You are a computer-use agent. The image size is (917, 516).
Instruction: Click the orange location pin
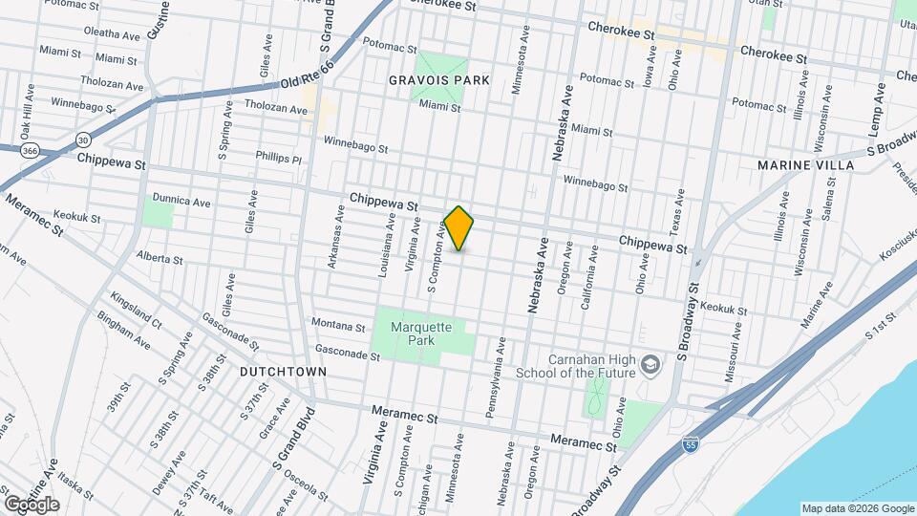459,228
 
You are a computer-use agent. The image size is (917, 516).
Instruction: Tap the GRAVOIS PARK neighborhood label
438,80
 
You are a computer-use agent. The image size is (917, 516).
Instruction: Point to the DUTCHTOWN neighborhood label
283,371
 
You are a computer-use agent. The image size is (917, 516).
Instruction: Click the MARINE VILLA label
805,165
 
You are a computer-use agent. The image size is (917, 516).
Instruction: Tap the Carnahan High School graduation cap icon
650,364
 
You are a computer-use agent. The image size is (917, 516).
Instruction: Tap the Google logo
31,504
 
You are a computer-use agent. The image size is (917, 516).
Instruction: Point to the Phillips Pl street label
278,158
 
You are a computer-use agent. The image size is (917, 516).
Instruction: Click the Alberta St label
160,258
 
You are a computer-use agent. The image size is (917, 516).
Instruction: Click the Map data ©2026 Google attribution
857,508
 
